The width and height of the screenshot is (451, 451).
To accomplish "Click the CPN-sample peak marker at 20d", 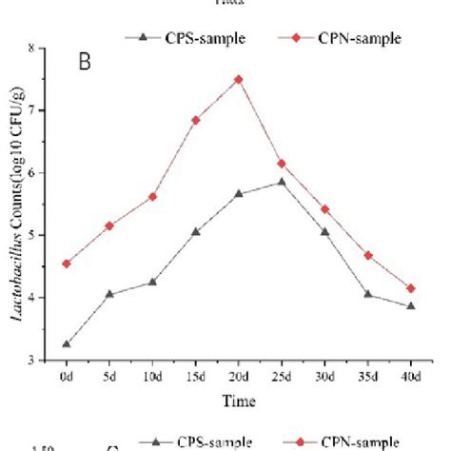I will (238, 79).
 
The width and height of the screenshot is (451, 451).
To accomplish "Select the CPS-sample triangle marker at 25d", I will (282, 182).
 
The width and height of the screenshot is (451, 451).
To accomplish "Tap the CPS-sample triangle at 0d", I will (67, 343).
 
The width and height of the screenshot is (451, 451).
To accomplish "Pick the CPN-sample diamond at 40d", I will (410, 288).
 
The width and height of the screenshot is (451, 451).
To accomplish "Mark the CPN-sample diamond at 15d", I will (195, 120).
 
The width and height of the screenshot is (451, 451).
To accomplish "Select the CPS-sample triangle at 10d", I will (152, 282).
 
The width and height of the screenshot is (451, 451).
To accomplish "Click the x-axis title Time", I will (239, 402).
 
